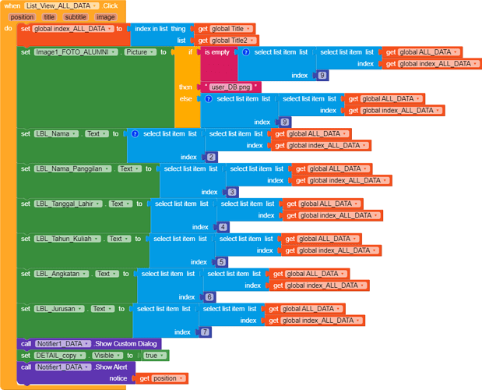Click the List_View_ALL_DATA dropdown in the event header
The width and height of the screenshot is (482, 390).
pos(62,5)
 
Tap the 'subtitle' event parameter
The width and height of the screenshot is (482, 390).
pos(76,17)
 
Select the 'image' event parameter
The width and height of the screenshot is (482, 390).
pos(105,17)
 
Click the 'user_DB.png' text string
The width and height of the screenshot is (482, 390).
pos(230,87)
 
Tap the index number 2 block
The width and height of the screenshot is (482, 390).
pos(211,158)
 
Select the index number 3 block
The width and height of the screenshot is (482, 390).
pos(232,193)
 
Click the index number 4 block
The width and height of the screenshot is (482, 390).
pos(223,228)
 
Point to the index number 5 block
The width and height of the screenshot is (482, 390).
pos(221,262)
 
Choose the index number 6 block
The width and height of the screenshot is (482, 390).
pos(209,297)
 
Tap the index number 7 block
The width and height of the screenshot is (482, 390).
pos(205,332)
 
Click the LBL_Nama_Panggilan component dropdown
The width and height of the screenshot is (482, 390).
pos(72,168)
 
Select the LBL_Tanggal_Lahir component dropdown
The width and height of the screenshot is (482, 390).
pos(68,204)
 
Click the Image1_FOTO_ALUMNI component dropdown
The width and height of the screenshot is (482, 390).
pos(76,52)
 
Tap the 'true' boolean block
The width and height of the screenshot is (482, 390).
pos(153,356)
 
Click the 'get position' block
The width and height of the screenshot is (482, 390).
pos(162,378)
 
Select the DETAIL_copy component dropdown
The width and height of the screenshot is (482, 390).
pos(60,356)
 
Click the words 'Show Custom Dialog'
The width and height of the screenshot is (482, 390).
pos(125,344)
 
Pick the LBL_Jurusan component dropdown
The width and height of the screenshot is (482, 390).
pos(59,309)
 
